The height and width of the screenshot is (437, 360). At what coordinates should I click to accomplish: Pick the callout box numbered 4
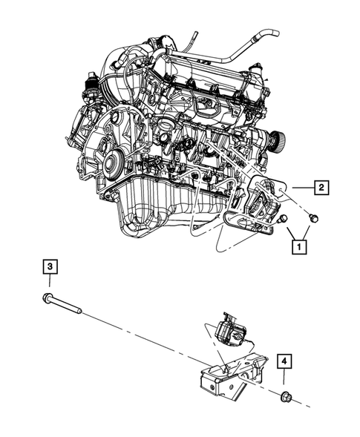point(286,361)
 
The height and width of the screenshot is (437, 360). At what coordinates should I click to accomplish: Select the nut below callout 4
point(286,399)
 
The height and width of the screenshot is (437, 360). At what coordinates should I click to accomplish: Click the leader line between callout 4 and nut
point(286,380)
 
